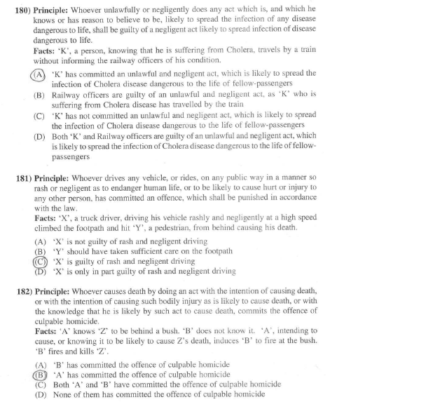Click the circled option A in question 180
pos(39,74)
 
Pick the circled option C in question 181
pos(39,261)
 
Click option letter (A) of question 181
pos(40,241)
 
